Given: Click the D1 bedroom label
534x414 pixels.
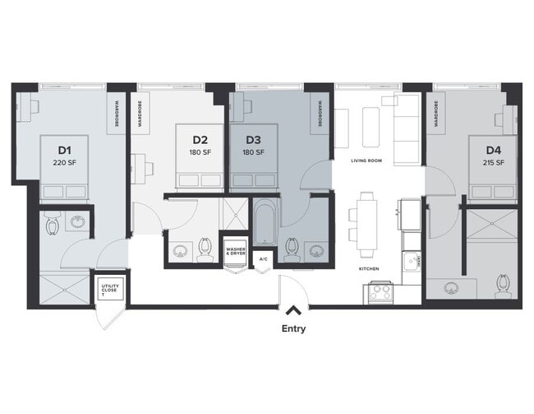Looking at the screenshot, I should pyautogui.click(x=65, y=150).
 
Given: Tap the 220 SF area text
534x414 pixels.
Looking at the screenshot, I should pyautogui.click(x=65, y=163).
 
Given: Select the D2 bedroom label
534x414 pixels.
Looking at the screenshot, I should pyautogui.click(x=200, y=140).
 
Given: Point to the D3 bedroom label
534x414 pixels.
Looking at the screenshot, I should pyautogui.click(x=254, y=140).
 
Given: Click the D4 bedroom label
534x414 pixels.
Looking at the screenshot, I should pyautogui.click(x=493, y=150).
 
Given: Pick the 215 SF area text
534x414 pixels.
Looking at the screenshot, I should pyautogui.click(x=493, y=163).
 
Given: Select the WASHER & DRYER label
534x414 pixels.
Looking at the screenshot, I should pyautogui.click(x=235, y=248).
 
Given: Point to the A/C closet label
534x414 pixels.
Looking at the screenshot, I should pyautogui.click(x=263, y=259).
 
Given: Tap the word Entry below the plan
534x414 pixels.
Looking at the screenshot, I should pyautogui.click(x=292, y=329).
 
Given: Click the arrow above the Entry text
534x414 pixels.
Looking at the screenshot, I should pyautogui.click(x=292, y=310).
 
